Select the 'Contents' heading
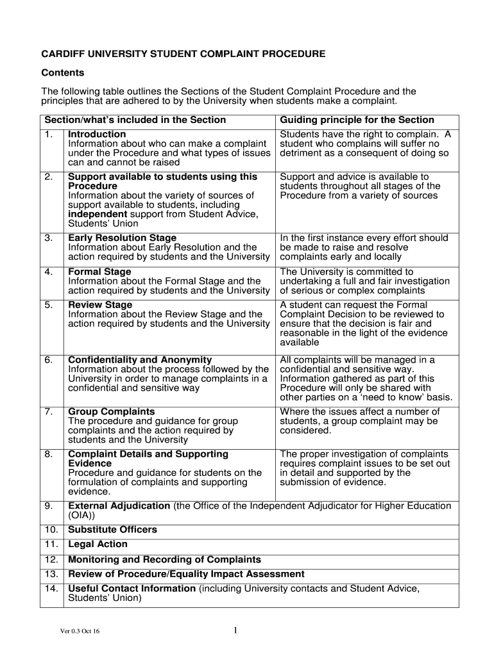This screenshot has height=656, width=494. pyautogui.click(x=63, y=73)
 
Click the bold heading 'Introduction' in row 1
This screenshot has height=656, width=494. pyautogui.click(x=97, y=134)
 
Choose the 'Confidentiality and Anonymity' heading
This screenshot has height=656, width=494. pyautogui.click(x=140, y=360)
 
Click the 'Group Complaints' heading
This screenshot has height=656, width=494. pyautogui.click(x=112, y=411)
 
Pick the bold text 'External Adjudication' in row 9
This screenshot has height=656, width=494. pyautogui.click(x=119, y=505)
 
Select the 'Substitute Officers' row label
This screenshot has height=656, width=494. pyautogui.click(x=112, y=530)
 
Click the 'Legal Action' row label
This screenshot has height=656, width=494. pyautogui.click(x=98, y=545)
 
